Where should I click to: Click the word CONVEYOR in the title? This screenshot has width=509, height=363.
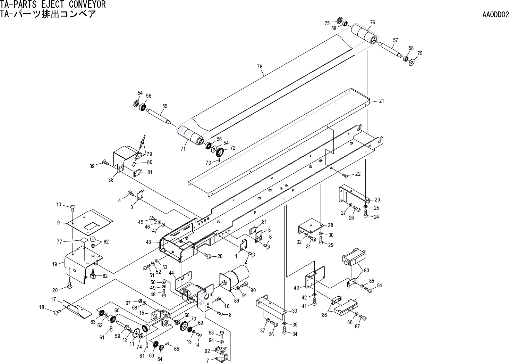pos(87,5)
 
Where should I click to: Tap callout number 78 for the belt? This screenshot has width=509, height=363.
pos(260,66)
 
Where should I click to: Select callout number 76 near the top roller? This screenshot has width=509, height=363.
pos(372,23)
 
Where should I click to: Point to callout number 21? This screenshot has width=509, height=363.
pos(381,101)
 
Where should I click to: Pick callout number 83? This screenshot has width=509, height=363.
pos(366,270)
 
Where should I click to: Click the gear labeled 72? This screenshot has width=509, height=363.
pos(219,152)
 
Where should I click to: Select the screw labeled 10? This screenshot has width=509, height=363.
pos(72,208)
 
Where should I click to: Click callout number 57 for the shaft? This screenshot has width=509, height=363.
pos(395,40)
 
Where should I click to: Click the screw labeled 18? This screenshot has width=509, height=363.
pos(57,313)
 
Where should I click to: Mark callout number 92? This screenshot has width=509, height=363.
pos(207,350)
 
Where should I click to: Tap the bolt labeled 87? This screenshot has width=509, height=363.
pos(363,317)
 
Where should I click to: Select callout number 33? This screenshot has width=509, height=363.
pos(294,311)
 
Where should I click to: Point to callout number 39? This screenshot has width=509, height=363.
pos(92,166)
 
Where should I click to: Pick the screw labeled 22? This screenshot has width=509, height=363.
pos(345,176)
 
